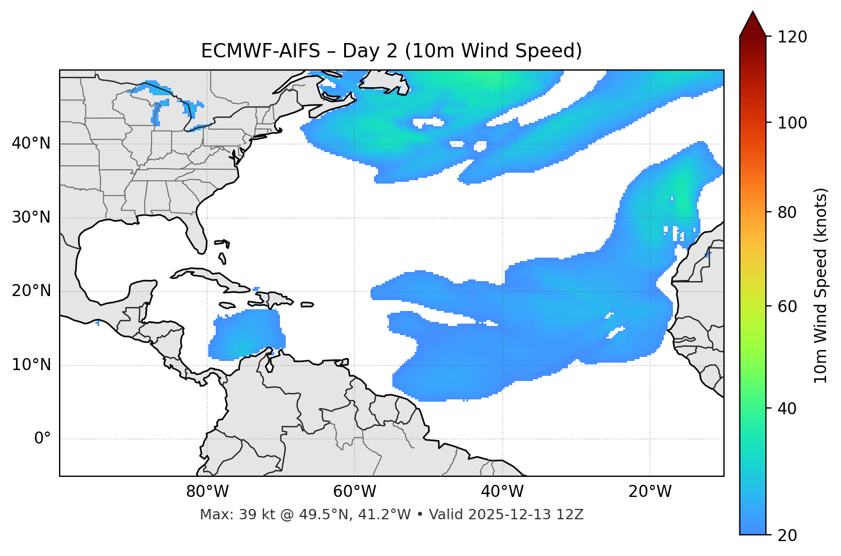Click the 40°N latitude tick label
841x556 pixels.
(31, 143)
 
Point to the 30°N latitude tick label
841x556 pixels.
(31, 217)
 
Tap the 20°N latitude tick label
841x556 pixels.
(31, 291)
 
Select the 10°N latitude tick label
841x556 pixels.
(31, 365)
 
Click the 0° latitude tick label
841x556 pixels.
(42, 439)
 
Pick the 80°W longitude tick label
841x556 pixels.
(207, 492)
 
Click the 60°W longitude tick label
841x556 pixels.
(355, 492)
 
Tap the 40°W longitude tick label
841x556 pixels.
(502, 492)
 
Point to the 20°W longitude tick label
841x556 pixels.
(650, 492)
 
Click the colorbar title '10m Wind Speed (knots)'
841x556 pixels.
(821, 285)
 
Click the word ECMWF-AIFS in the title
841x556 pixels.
(260, 51)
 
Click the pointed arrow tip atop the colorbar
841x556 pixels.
(753, 14)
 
